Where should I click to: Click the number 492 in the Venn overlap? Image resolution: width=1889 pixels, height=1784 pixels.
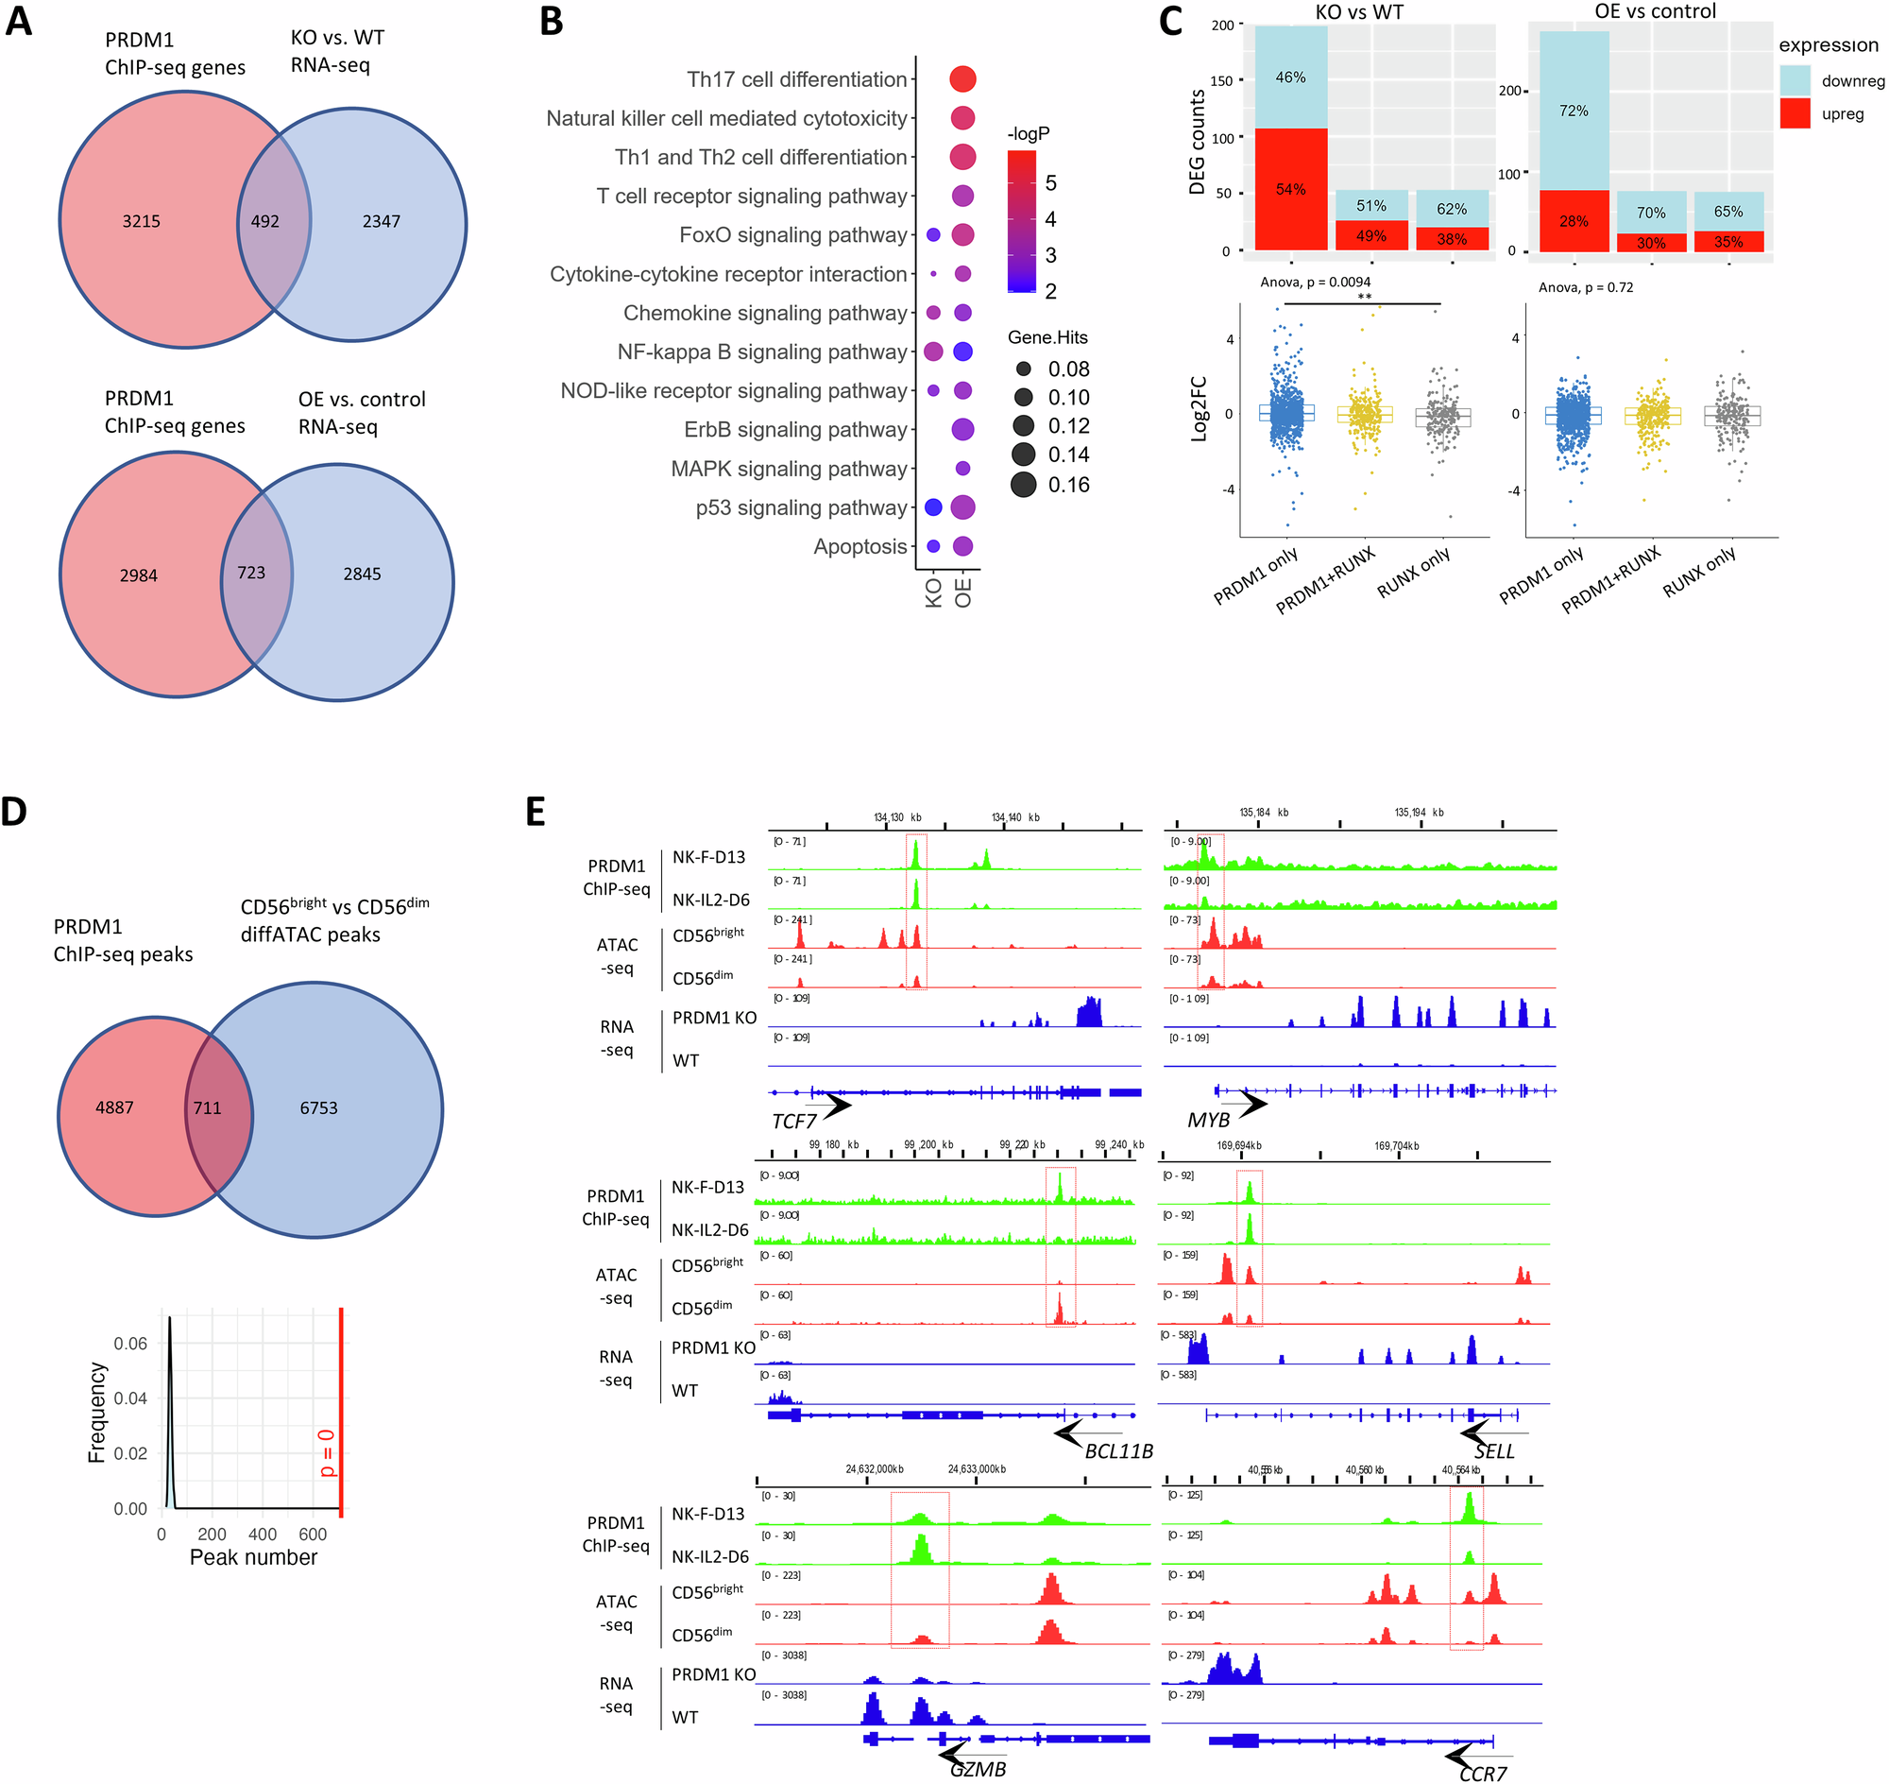pyautogui.click(x=265, y=221)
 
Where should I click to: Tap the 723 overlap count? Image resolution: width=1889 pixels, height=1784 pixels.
pyautogui.click(x=251, y=573)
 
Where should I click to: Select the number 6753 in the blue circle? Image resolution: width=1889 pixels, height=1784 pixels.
pyautogui.click(x=318, y=1107)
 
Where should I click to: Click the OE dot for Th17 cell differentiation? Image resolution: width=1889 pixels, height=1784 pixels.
pyautogui.click(x=962, y=79)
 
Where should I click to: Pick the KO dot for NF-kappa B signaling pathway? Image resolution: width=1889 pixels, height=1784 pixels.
pyautogui.click(x=932, y=352)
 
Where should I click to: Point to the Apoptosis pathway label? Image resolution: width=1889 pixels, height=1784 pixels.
pyautogui.click(x=859, y=547)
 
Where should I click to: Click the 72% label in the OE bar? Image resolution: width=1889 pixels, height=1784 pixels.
pyautogui.click(x=1574, y=111)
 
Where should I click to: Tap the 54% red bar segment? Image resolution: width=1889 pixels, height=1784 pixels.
pyautogui.click(x=1290, y=189)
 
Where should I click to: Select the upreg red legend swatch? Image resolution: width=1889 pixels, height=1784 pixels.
pyautogui.click(x=1794, y=114)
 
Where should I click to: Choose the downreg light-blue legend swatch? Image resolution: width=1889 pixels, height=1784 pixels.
pyautogui.click(x=1794, y=81)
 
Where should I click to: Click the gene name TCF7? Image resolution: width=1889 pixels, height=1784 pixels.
pyautogui.click(x=793, y=1123)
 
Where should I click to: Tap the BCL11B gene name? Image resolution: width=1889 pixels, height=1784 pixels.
pyautogui.click(x=1118, y=1451)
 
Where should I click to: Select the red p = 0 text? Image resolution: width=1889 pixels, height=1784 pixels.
pyautogui.click(x=326, y=1452)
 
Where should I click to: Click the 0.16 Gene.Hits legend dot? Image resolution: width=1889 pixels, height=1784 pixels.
pyautogui.click(x=1024, y=485)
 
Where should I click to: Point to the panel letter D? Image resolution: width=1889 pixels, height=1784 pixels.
pyautogui.click(x=14, y=812)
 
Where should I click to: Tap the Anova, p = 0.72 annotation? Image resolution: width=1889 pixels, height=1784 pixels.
pyautogui.click(x=1586, y=287)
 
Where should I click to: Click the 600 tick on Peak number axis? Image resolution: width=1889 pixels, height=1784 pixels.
pyautogui.click(x=313, y=1535)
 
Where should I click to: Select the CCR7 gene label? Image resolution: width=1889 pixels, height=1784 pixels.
pyautogui.click(x=1482, y=1774)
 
